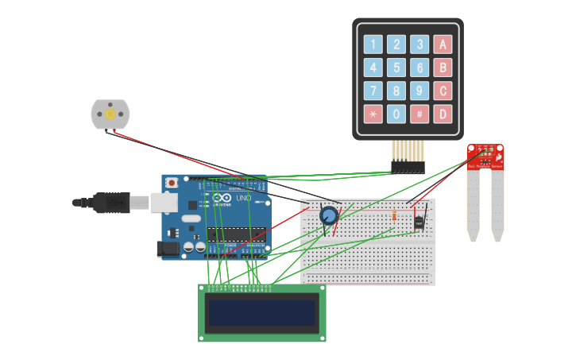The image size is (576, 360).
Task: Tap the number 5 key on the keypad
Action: click(x=396, y=68)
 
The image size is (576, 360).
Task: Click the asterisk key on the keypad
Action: click(x=373, y=114)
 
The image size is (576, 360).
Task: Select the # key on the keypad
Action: click(x=419, y=114)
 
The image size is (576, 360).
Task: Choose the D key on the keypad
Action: click(x=443, y=114)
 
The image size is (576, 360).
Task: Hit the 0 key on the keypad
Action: click(x=396, y=114)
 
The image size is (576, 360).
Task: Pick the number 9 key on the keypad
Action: click(x=419, y=91)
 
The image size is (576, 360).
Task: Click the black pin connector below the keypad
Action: click(x=408, y=168)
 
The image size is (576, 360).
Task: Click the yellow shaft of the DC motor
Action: click(x=110, y=114)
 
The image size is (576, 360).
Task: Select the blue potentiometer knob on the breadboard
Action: click(x=329, y=215)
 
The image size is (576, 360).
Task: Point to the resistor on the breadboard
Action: click(x=394, y=216)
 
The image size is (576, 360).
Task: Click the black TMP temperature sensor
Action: click(x=419, y=223)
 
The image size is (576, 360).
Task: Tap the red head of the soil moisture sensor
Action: click(x=485, y=157)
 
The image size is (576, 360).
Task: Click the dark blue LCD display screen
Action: click(x=261, y=313)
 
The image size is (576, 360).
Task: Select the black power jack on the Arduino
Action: click(x=168, y=249)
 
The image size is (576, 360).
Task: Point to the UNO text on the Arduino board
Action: click(x=244, y=198)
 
